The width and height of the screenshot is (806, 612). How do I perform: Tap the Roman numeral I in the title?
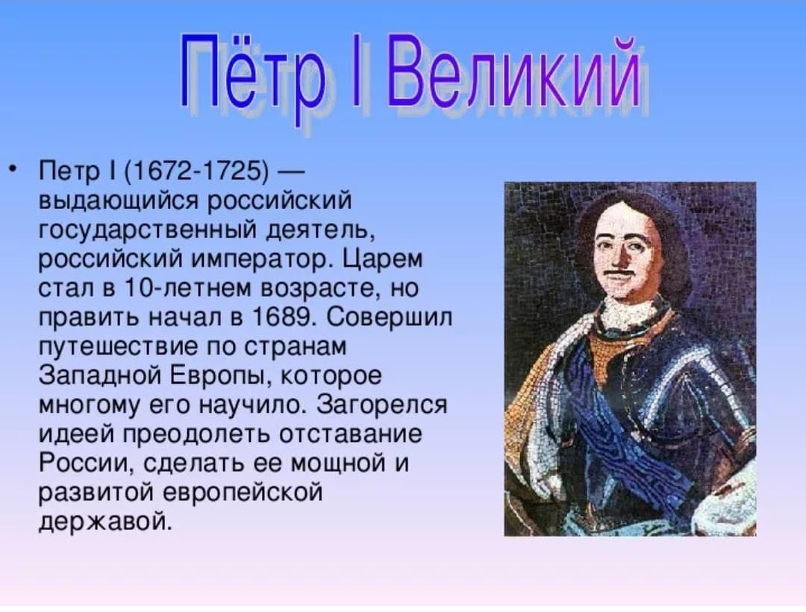click(356, 72)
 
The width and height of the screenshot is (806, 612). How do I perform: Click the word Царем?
click(382, 259)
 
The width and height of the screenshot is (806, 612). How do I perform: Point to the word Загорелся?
click(382, 405)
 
